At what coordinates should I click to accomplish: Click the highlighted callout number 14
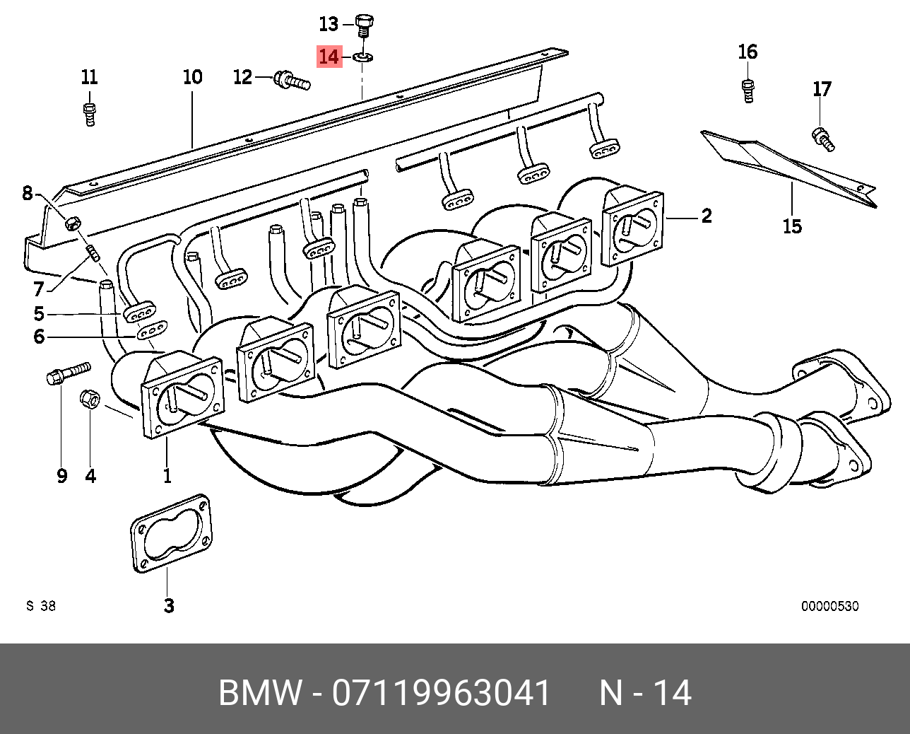pyautogui.click(x=329, y=56)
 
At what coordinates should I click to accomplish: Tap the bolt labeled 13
pyautogui.click(x=364, y=26)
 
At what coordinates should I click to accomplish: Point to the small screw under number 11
pyautogui.click(x=89, y=113)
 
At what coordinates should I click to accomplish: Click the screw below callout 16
pyautogui.click(x=747, y=91)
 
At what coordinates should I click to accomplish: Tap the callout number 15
pyautogui.click(x=792, y=226)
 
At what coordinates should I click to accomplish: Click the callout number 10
pyautogui.click(x=193, y=76)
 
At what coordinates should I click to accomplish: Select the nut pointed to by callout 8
pyautogui.click(x=72, y=224)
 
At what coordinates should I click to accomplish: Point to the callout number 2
pyautogui.click(x=706, y=216)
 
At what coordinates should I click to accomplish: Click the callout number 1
pyautogui.click(x=167, y=476)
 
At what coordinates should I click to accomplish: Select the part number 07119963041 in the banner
pyautogui.click(x=441, y=693)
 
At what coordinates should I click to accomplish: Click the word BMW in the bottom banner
pyautogui.click(x=259, y=693)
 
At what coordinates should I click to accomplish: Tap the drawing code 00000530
pyautogui.click(x=829, y=606)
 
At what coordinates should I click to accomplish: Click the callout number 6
pyautogui.click(x=39, y=337)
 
